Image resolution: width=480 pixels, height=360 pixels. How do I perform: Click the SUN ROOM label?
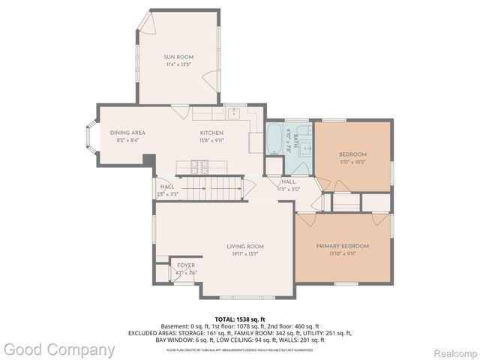pos(178,57)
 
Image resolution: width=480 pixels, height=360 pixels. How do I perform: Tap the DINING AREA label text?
pos(127,133)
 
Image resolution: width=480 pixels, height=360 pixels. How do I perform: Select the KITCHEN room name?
pos(212,133)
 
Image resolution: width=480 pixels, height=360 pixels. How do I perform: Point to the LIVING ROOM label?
pos(245,246)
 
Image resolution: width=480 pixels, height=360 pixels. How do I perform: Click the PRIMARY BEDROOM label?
pos(342,246)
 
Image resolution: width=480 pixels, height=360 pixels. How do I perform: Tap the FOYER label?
pos(185,265)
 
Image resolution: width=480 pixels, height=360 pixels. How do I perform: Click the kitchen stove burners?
pos(200,165)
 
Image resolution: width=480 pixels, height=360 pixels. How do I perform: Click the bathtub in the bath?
pos(274,139)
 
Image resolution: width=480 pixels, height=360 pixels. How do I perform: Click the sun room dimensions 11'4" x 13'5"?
pos(178,64)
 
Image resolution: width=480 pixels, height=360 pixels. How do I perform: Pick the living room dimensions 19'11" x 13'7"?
pos(245,253)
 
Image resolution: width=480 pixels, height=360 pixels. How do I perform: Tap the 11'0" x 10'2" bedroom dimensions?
pos(352,162)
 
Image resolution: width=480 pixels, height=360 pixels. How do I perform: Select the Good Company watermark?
pos(58,349)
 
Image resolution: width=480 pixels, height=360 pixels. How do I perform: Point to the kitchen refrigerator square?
pos(256,143)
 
